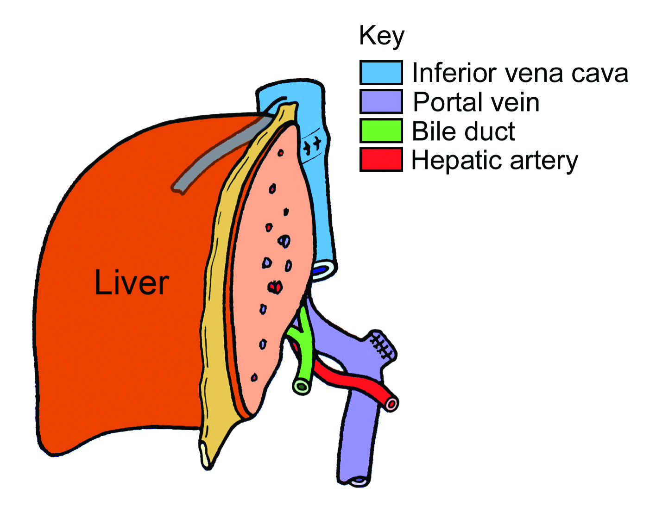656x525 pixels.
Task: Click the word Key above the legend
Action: pyautogui.click(x=381, y=36)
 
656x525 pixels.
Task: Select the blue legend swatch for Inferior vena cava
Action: pyautogui.click(x=381, y=72)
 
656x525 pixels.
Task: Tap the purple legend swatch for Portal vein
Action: pyautogui.click(x=381, y=101)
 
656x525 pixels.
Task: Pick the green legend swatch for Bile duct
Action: pyautogui.click(x=381, y=131)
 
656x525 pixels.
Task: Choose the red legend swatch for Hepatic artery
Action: pyautogui.click(x=381, y=160)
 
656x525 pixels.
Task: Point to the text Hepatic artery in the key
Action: pyautogui.click(x=494, y=161)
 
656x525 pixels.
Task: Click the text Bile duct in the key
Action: pyautogui.click(x=463, y=131)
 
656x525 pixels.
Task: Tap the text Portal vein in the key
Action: pyautogui.click(x=476, y=102)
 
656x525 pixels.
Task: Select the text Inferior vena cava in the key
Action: pyautogui.click(x=520, y=73)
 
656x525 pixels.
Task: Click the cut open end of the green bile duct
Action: pyautogui.click(x=302, y=386)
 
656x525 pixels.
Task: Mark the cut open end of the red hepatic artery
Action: pyautogui.click(x=391, y=404)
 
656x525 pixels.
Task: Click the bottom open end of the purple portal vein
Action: pyautogui.click(x=358, y=481)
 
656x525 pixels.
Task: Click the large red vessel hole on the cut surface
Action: pyautogui.click(x=275, y=287)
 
